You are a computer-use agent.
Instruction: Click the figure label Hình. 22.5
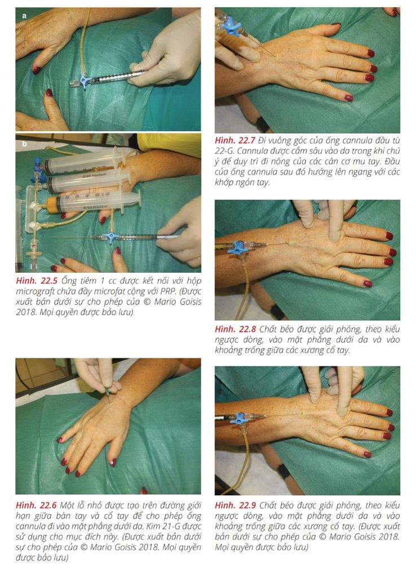click(x=37, y=281)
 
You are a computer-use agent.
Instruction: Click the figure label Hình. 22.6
click(x=36, y=505)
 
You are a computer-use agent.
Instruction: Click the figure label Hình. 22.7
click(x=235, y=140)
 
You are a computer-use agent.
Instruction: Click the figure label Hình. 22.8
click(x=235, y=329)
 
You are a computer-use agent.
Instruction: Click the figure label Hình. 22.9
click(x=235, y=505)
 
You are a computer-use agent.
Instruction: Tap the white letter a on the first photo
click(x=24, y=16)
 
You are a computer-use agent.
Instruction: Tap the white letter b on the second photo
click(x=24, y=144)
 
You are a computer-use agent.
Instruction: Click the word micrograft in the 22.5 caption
click(x=37, y=291)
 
